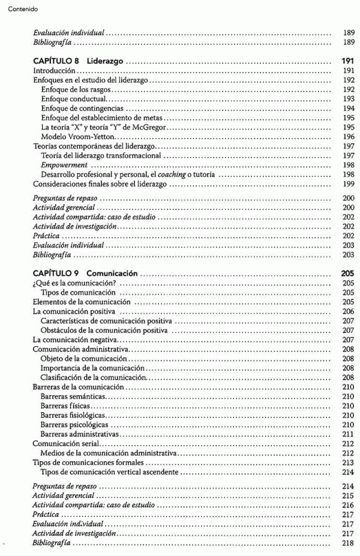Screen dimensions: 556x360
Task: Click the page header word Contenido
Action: (23, 9)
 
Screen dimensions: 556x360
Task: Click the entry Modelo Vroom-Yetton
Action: (74, 137)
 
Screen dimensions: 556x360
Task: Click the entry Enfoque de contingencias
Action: (82, 109)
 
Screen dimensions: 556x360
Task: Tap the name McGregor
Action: (149, 127)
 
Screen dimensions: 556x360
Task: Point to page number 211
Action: (348, 434)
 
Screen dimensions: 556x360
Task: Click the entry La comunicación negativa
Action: (74, 339)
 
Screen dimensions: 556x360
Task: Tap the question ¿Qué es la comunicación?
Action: (74, 282)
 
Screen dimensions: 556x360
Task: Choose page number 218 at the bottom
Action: (348, 543)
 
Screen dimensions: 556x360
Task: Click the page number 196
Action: (348, 137)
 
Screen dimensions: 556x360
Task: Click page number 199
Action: (348, 184)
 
